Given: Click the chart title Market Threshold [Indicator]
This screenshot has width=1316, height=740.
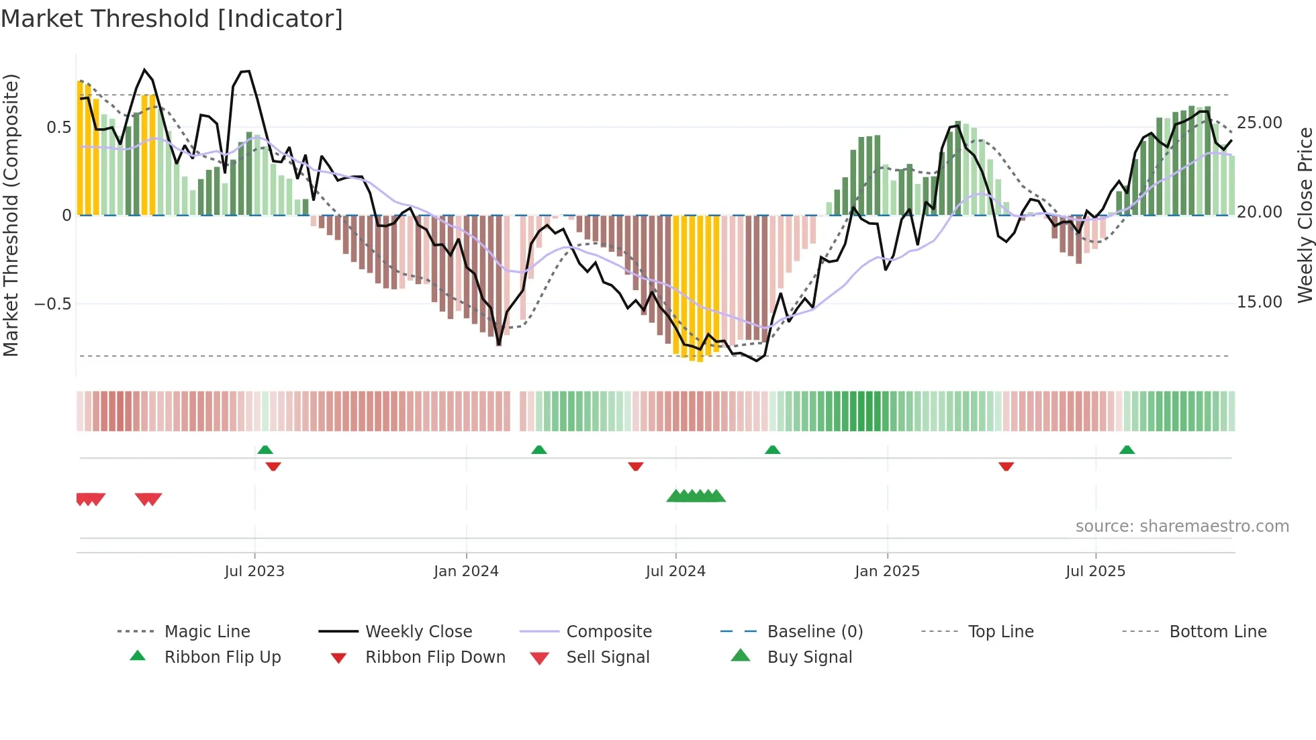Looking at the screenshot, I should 172,19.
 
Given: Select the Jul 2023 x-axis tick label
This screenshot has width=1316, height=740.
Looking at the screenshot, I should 254,571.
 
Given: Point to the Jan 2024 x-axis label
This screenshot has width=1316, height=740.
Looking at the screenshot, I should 466,571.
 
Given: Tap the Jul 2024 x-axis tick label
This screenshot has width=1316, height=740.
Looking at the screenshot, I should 675,571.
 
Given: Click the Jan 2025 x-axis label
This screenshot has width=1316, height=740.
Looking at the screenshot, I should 887,571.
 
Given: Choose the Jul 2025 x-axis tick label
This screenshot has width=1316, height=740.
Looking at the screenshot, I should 1095,571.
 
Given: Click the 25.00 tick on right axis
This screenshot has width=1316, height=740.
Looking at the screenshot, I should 1259,123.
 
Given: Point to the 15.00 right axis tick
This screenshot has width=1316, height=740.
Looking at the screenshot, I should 1259,302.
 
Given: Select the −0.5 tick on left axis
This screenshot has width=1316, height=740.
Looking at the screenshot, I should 52,304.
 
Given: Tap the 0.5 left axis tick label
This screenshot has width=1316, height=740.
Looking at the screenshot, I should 58,128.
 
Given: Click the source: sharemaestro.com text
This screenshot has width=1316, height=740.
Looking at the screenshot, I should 1182,526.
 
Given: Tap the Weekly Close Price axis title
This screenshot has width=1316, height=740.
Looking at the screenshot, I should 1305,215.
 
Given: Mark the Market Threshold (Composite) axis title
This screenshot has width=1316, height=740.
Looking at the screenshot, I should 11,215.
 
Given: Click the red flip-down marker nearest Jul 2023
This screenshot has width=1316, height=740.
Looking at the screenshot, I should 273,466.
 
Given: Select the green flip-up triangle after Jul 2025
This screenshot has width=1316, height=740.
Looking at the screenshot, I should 1127,450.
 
